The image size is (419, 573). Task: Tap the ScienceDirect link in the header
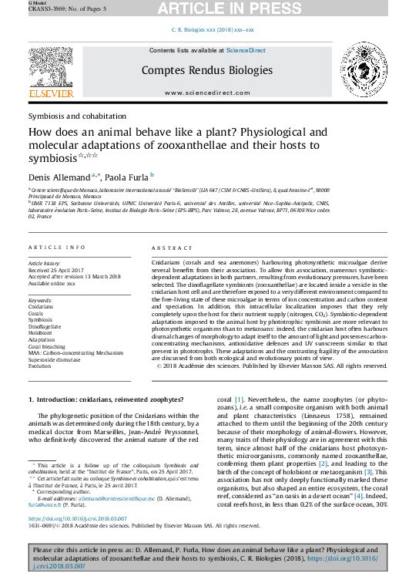[245, 50]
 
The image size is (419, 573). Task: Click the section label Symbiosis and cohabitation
[76, 116]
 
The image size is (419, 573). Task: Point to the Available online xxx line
[52, 284]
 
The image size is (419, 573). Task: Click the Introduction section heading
[106, 399]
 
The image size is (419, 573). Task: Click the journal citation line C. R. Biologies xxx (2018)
[211, 30]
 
